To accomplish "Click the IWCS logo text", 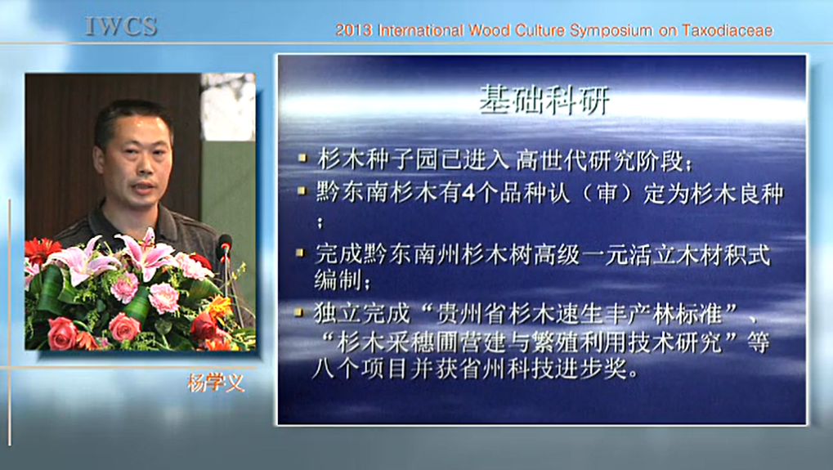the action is tap(121, 26).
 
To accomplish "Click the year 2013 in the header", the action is tap(353, 30).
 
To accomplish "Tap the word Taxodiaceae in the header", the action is tap(728, 30).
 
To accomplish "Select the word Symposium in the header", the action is tap(611, 31).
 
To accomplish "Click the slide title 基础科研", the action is tap(544, 100).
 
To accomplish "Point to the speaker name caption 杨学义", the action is tap(216, 383).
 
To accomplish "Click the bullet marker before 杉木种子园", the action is tap(302, 158).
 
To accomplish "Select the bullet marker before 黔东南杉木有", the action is tap(302, 190).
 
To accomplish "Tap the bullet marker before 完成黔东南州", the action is tap(301, 253).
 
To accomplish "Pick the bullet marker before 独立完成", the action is tap(300, 312).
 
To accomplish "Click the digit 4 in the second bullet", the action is tap(468, 193).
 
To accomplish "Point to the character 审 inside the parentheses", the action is tap(607, 193).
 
